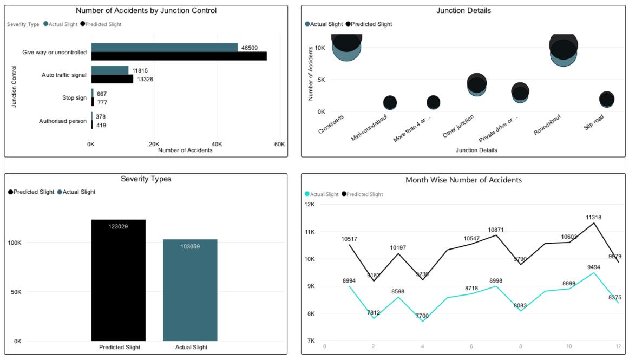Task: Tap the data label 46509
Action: click(250, 48)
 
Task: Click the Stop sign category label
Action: click(74, 98)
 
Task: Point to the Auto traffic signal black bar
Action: click(112, 79)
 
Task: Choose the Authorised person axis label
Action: click(63, 121)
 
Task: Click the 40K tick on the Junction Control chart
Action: click(217, 144)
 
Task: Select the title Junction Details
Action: click(463, 10)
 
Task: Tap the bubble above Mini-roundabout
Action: click(390, 102)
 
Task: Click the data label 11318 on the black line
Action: click(593, 218)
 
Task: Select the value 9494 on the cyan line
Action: click(593, 266)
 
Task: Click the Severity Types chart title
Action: click(145, 179)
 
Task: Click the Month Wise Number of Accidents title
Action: click(463, 180)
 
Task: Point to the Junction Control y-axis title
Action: click(15, 87)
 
